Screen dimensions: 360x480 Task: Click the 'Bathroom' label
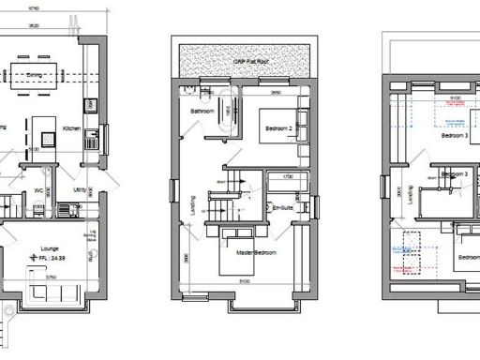pos(203,112)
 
